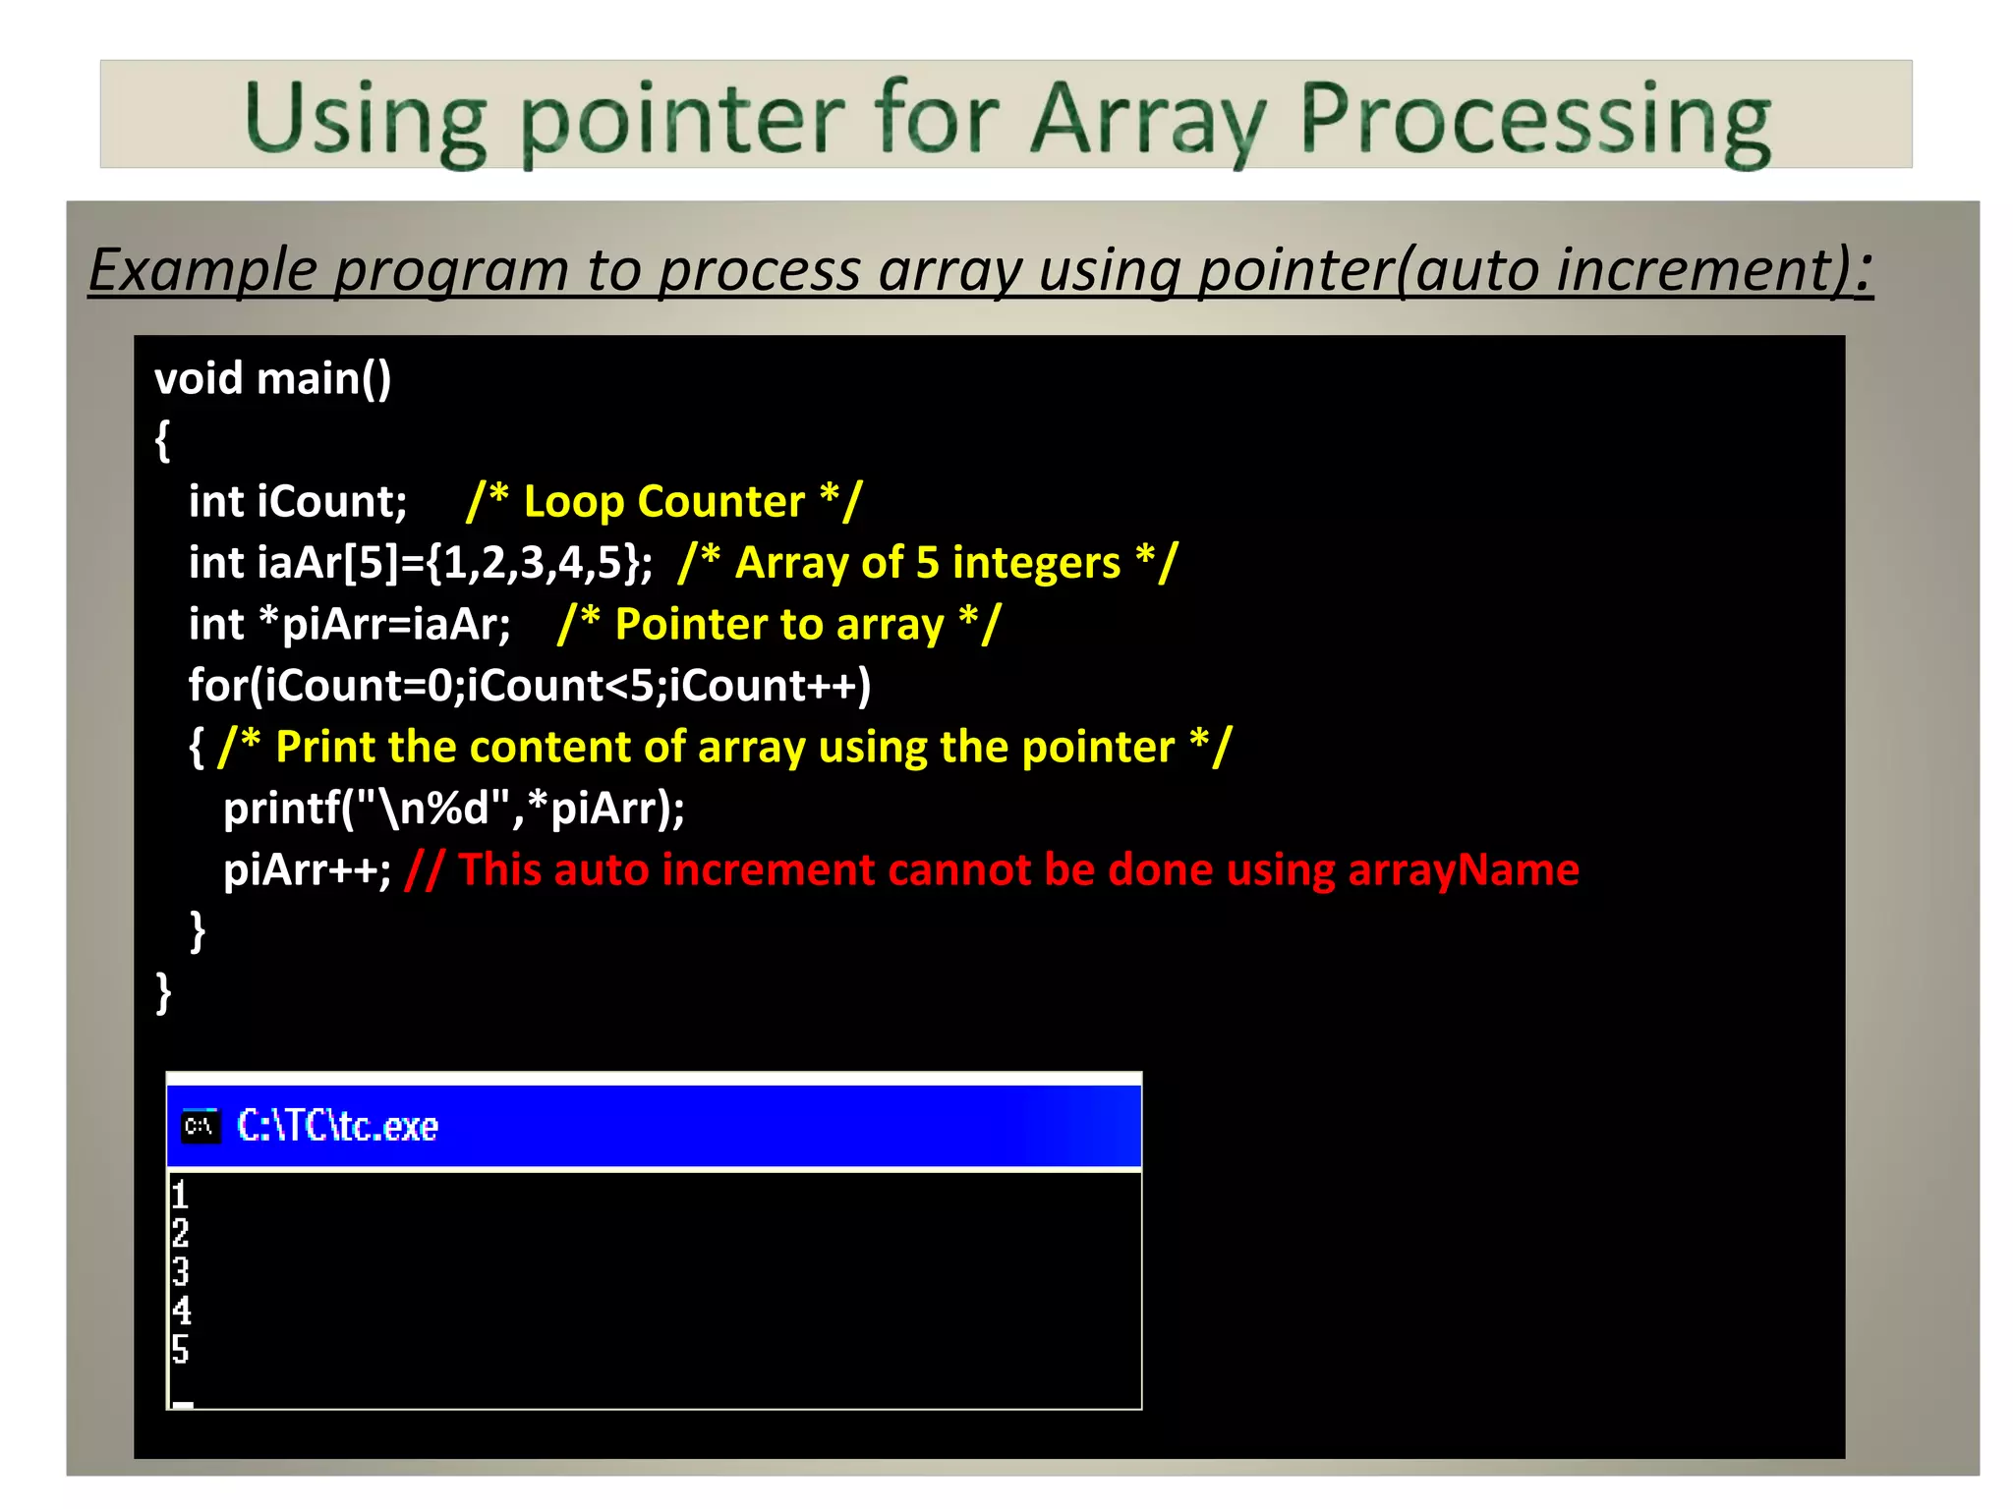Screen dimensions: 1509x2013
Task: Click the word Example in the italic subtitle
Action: pyautogui.click(x=203, y=270)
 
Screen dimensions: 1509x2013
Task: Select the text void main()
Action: pyautogui.click(x=272, y=379)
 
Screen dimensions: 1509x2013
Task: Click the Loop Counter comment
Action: pyautogui.click(x=664, y=502)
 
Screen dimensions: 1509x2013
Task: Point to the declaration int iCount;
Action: pyautogui.click(x=298, y=502)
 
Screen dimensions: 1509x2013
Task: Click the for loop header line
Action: pyautogui.click(x=530, y=686)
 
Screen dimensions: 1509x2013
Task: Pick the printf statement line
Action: pyautogui.click(x=454, y=809)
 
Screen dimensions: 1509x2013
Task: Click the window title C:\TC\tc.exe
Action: pyautogui.click(x=337, y=1126)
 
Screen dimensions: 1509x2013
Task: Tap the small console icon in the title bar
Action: pyautogui.click(x=201, y=1126)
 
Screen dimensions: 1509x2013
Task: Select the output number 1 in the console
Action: pyautogui.click(x=180, y=1196)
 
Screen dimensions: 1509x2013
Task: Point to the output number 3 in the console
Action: pyautogui.click(x=180, y=1272)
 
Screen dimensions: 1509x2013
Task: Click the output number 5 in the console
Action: pyautogui.click(x=180, y=1349)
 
